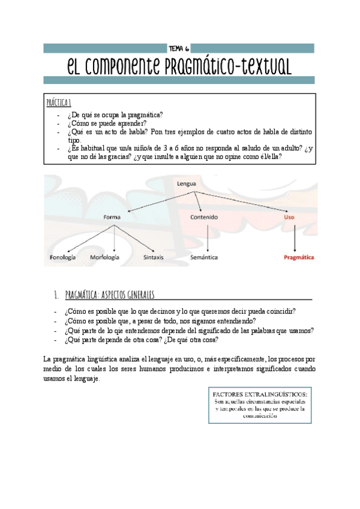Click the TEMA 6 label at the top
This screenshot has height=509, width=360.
(x=179, y=48)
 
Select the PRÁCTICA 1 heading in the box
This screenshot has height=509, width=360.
(x=59, y=103)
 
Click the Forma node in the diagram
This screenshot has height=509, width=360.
(x=112, y=217)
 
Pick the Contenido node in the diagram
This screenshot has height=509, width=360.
(x=204, y=217)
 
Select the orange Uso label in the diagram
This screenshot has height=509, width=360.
(x=289, y=217)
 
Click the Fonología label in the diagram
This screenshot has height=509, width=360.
(x=62, y=257)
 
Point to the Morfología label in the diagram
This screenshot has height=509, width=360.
(x=104, y=257)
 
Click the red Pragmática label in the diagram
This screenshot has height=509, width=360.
(x=299, y=257)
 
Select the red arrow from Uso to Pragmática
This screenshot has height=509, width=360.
(x=294, y=237)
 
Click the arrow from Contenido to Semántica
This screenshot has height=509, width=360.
(x=207, y=237)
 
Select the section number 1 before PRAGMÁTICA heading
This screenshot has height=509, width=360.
(x=55, y=295)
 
